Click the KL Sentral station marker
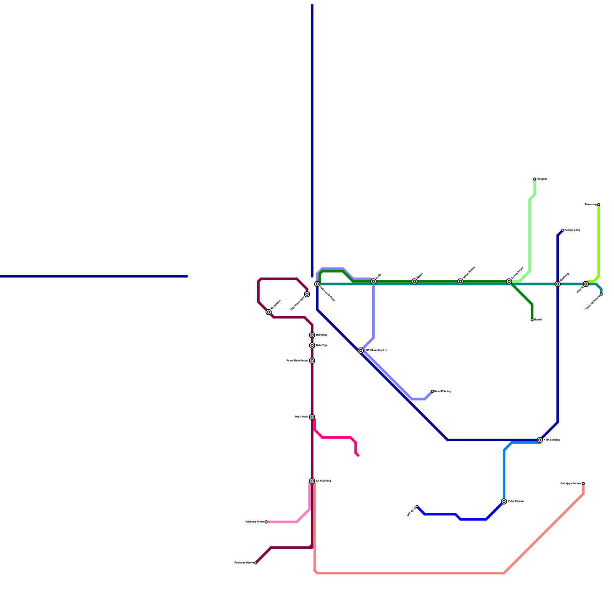coord(269,312)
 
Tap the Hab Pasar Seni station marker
coord(307,294)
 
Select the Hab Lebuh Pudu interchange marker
coord(317,284)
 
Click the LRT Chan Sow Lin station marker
coord(361,350)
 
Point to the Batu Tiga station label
coord(322,345)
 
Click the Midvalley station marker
coord(312,335)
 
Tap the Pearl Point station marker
coord(312,417)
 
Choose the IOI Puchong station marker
coord(312,481)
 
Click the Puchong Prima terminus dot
coord(266,522)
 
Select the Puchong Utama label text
coord(244,563)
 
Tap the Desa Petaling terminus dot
coord(432,391)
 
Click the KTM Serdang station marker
coord(540,440)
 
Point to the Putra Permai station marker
coord(504,502)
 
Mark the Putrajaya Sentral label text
coord(571,484)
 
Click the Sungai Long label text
coord(572,230)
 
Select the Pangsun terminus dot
coord(535,179)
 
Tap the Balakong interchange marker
coord(558,284)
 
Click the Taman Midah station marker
coord(460,281)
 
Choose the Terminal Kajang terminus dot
coord(601,294)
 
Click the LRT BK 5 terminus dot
coord(417,507)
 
